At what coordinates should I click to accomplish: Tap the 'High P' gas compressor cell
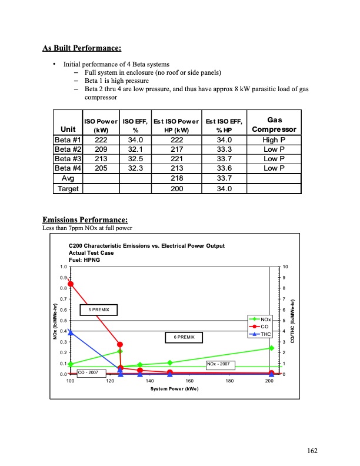[274, 139]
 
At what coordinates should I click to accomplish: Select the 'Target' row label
[68, 189]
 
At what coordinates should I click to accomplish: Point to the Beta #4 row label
[68, 168]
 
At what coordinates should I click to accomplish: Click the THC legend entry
[260, 334]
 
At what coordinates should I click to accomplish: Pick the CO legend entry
[260, 326]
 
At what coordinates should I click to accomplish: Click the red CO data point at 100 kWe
[71, 284]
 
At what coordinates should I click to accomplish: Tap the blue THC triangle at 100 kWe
[71, 332]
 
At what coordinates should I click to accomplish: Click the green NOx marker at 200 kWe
[271, 348]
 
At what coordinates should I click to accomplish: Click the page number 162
[312, 451]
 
